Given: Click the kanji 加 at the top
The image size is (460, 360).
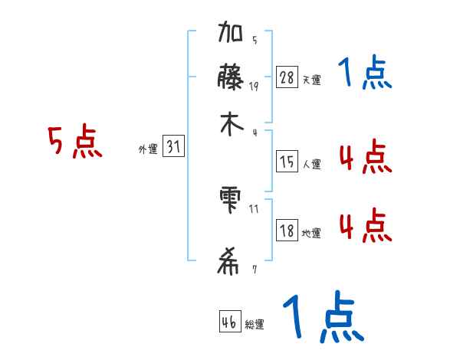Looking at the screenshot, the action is [x=230, y=35].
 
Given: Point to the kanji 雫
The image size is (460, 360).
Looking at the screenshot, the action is [x=230, y=201].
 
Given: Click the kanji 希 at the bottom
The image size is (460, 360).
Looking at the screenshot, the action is [x=230, y=263].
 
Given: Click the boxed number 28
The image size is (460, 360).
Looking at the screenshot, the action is [x=287, y=77].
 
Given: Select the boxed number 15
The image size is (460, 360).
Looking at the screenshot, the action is [x=287, y=162].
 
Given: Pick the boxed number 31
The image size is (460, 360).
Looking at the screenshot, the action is [x=173, y=148].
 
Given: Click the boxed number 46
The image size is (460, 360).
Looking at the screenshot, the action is [x=229, y=322].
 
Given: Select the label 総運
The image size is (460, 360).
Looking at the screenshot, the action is [x=255, y=325].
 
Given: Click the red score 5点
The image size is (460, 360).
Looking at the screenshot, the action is [x=75, y=143].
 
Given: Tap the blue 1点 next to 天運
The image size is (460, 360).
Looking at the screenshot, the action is [x=364, y=74].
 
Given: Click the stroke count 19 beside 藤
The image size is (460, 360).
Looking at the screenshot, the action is [x=254, y=86].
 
